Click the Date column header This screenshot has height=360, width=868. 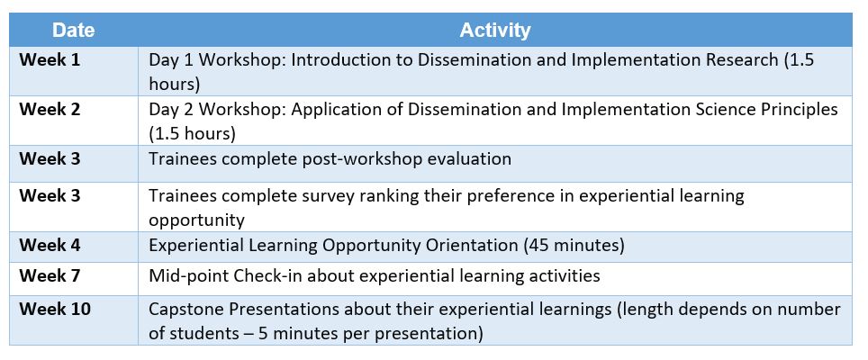[74, 30]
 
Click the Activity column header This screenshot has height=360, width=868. [495, 30]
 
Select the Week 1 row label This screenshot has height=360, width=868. [50, 60]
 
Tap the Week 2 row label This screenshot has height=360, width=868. [50, 110]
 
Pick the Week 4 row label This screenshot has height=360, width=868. [50, 245]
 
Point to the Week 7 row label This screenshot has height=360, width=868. [50, 275]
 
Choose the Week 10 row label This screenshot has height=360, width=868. [54, 309]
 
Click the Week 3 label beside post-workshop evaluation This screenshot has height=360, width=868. [50, 158]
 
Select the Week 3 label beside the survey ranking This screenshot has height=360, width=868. [50, 196]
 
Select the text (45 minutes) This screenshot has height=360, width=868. [574, 246]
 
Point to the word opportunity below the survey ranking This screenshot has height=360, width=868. [196, 220]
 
